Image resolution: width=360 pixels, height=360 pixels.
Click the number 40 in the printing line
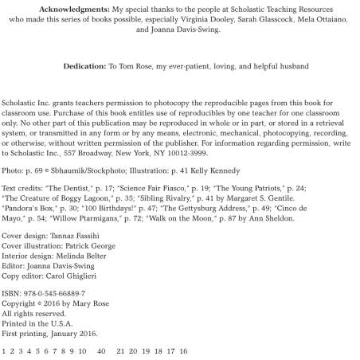click(101, 350)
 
